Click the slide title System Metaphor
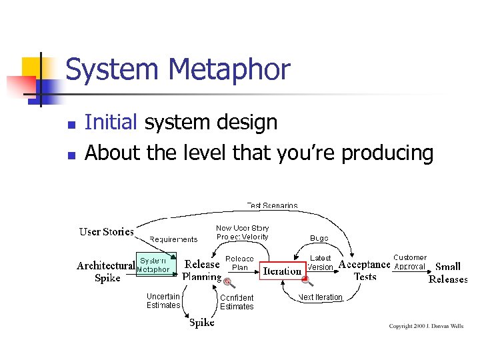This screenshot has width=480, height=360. point(178,70)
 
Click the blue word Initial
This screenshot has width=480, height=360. point(111,123)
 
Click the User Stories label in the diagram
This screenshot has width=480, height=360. point(106,232)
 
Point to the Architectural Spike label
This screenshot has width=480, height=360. point(107,272)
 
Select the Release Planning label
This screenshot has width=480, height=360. point(202,271)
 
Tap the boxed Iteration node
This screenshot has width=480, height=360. point(283,271)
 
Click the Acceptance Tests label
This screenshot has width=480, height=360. point(365,271)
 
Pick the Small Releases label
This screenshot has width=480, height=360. point(448,273)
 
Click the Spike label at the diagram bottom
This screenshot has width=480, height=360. point(202,323)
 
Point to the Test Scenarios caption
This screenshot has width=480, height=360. point(273,205)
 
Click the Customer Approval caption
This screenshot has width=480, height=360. point(409,262)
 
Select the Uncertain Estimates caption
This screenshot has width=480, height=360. point(163,301)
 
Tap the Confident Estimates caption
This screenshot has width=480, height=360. point(237,302)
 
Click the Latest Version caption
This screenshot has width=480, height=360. point(321,263)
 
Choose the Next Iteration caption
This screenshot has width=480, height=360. point(321,297)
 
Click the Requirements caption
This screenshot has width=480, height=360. point(173,239)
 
